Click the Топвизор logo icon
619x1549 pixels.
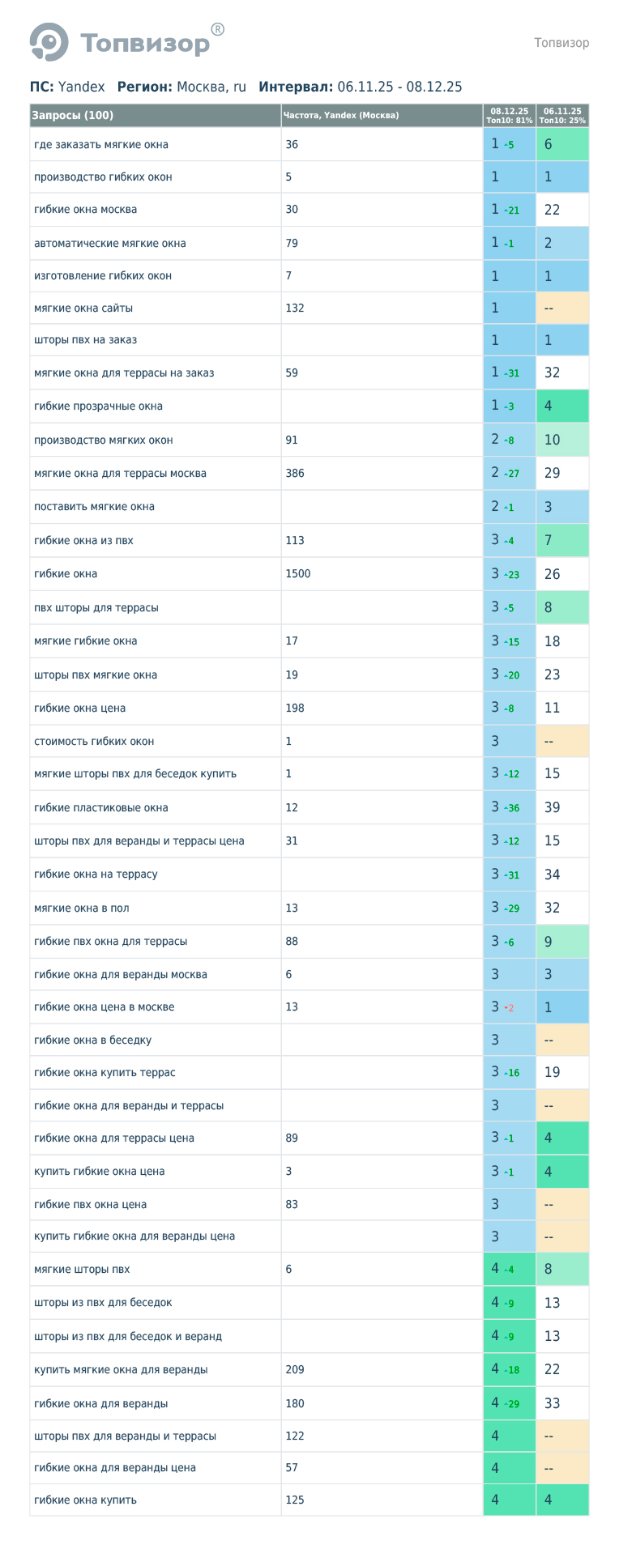(x=49, y=42)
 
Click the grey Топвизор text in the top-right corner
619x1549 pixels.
(x=561, y=43)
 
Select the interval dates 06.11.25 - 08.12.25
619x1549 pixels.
(x=399, y=87)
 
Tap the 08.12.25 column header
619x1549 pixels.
(x=509, y=116)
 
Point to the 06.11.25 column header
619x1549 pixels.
(x=562, y=116)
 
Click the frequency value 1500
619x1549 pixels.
(x=298, y=574)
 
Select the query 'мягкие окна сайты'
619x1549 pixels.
(x=83, y=309)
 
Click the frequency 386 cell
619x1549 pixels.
(x=295, y=474)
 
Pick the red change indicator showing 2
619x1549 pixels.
(x=510, y=1008)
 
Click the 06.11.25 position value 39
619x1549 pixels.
(x=552, y=807)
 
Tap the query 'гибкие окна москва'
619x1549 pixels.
(x=85, y=210)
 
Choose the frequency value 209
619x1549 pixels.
(x=295, y=1370)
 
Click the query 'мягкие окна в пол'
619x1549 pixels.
(x=82, y=909)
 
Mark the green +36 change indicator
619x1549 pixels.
(x=512, y=808)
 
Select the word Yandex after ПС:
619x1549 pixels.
(x=82, y=87)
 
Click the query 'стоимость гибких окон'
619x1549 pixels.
(x=94, y=742)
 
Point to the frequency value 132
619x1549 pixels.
(x=295, y=309)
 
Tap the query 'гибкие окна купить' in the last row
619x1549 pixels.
(x=85, y=1500)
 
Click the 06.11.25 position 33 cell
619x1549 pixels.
(x=552, y=1403)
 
